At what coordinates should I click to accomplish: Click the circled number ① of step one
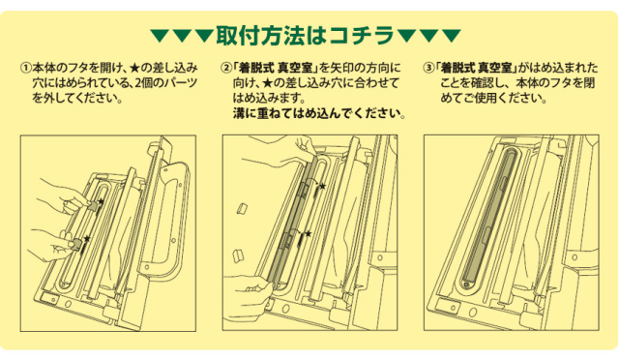tap(26, 68)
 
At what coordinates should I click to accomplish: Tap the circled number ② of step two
tap(226, 68)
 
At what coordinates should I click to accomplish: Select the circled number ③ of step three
tap(428, 68)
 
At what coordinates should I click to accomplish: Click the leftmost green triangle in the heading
tap(159, 35)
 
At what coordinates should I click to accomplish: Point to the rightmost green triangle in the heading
tap(452, 35)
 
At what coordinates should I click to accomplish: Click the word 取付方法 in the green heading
tap(260, 35)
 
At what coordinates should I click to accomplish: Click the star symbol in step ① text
tap(134, 68)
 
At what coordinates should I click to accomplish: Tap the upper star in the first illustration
tap(101, 201)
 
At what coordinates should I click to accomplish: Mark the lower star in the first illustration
tap(87, 239)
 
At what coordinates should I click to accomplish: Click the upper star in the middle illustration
tap(322, 186)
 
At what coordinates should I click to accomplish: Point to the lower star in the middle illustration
tap(308, 234)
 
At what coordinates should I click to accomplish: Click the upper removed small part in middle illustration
tap(242, 209)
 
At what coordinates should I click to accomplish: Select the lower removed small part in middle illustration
tap(238, 255)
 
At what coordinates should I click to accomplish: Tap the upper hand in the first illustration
tap(67, 196)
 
